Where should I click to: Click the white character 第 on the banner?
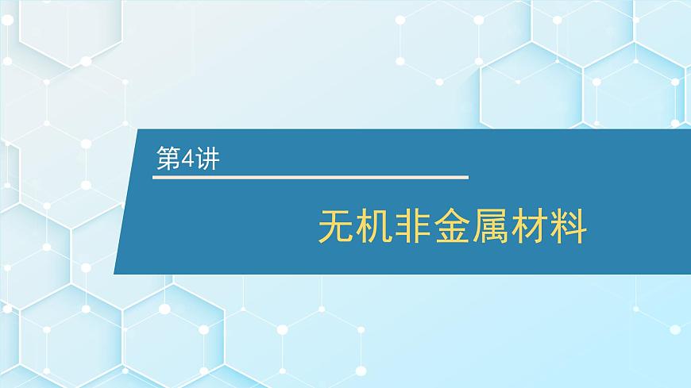168,159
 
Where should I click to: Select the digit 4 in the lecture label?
187,159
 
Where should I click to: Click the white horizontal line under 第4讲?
310,176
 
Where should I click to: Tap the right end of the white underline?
467,176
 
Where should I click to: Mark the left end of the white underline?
153,176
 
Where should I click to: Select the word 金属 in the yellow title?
471,227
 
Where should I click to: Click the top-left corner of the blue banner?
140,130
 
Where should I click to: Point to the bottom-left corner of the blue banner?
114,274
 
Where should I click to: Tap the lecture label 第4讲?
187,159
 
